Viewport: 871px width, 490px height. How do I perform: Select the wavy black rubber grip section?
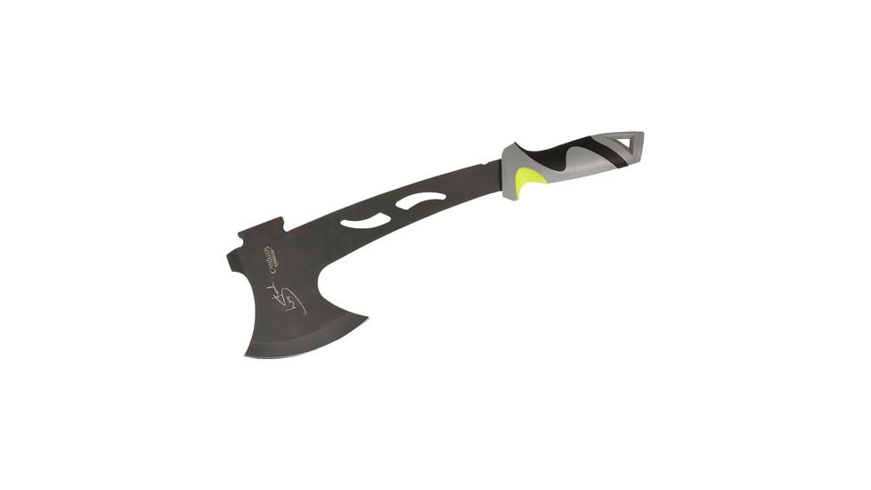571,155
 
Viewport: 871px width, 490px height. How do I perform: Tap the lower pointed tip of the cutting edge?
247,354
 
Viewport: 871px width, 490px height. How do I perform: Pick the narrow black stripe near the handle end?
608,148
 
